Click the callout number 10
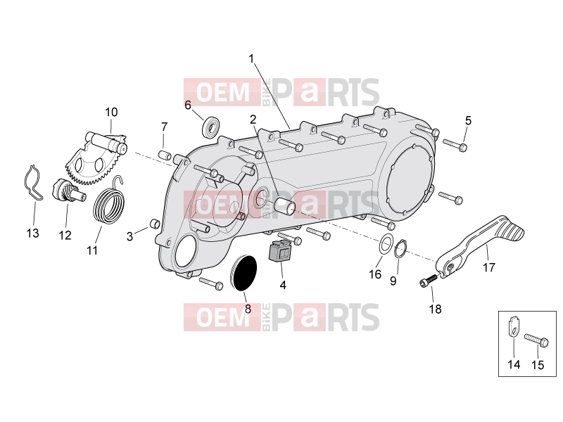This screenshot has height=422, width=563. click(x=111, y=113)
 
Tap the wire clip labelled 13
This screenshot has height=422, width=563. click(x=32, y=183)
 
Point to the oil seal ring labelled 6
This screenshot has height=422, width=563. click(x=212, y=126)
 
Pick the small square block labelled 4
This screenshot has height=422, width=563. click(x=280, y=251)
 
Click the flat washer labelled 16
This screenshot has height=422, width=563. click(x=386, y=244)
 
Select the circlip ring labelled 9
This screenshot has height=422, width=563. click(x=400, y=248)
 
